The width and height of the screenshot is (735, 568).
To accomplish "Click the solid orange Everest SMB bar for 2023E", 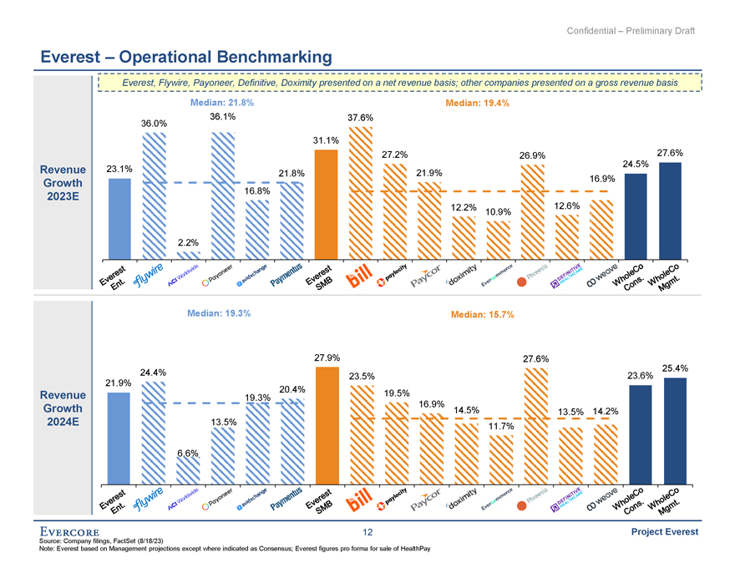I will (326, 205).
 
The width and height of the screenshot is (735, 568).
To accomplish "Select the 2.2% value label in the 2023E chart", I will (187, 242).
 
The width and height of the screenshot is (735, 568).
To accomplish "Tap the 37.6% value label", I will (360, 118).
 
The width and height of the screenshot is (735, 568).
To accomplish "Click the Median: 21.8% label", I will (222, 103).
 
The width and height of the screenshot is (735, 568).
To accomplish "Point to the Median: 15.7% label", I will (480, 315).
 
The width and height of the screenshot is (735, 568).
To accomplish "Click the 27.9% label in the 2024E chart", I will (326, 358).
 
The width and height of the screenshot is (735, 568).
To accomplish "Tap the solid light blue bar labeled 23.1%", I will (120, 217).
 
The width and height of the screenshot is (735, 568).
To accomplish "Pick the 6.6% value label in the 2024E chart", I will (187, 453).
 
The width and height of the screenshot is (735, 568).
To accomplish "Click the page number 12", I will (367, 533).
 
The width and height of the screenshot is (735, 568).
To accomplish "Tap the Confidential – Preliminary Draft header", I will (631, 31).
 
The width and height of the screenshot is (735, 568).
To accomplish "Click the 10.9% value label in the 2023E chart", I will (499, 211).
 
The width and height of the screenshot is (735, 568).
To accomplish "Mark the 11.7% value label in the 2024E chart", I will (499, 427).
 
